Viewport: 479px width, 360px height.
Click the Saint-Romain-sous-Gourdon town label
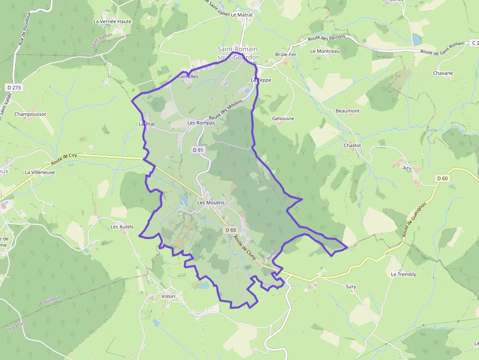pos(239,53)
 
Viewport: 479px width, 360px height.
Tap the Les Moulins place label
pos(211,202)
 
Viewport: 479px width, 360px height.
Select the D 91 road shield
pos(197,150)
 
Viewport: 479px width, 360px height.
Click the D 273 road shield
pos(15,87)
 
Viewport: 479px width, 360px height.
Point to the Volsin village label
pos(168,296)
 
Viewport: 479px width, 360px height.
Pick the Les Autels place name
pos(122,227)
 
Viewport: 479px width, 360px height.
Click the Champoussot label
pos(30,114)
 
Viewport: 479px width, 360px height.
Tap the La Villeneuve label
pos(40,172)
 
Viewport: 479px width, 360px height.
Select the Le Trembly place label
pos(403,275)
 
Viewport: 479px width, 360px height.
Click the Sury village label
pos(351,287)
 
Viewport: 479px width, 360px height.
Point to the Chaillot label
pos(352,146)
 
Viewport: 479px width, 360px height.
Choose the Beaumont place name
pos(348,111)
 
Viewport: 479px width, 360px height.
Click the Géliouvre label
pos(283,118)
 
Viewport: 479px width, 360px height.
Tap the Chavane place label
pos(443,73)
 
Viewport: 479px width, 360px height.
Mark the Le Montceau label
pos(325,51)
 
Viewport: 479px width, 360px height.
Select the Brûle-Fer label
pos(286,54)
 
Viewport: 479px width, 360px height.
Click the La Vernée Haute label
pos(112,21)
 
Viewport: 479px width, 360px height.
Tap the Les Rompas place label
pos(201,123)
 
